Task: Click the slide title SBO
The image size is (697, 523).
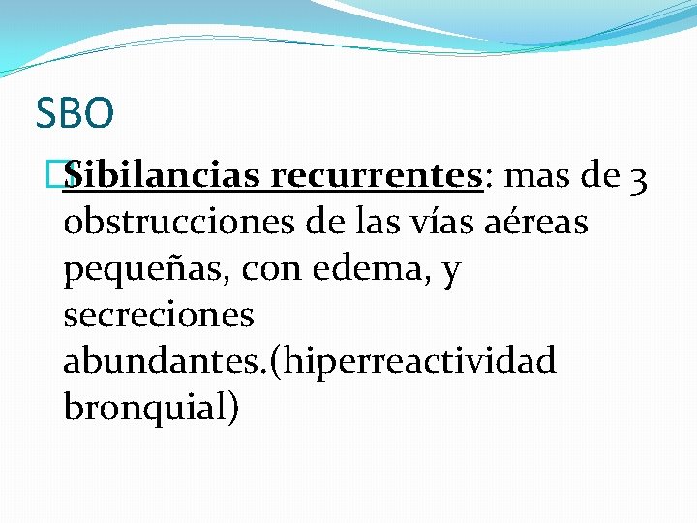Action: click(x=75, y=114)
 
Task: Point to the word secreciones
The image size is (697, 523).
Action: click(x=159, y=316)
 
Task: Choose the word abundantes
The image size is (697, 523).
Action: click(x=153, y=361)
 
